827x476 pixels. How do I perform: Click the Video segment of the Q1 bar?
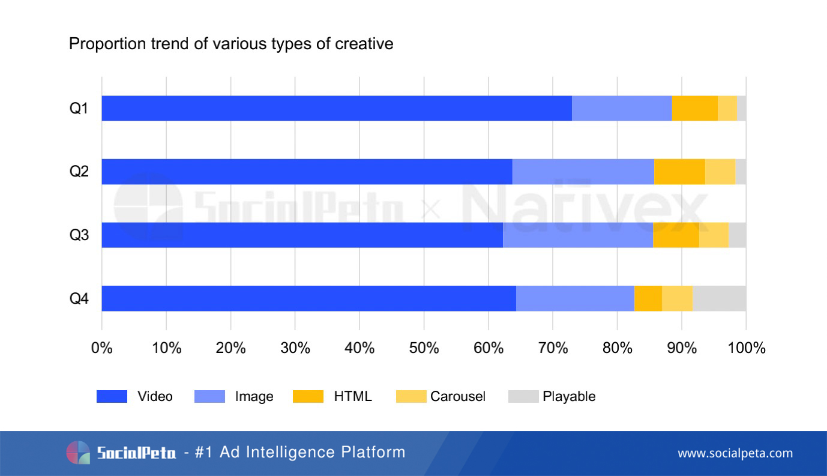click(x=336, y=108)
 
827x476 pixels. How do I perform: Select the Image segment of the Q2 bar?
click(x=583, y=172)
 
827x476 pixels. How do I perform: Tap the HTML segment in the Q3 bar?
click(x=676, y=235)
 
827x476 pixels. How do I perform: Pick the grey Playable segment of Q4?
click(x=719, y=298)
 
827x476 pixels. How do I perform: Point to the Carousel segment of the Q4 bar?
click(x=677, y=298)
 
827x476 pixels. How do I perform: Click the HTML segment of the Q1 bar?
click(x=694, y=108)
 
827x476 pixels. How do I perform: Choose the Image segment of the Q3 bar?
click(x=577, y=235)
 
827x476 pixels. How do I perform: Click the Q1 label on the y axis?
click(x=79, y=109)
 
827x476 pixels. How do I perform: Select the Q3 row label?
click(x=79, y=235)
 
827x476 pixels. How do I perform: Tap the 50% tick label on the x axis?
click(x=424, y=348)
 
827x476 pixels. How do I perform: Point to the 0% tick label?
click(x=102, y=348)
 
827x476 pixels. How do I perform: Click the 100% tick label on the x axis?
click(x=746, y=348)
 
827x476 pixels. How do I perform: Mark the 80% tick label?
click(x=617, y=348)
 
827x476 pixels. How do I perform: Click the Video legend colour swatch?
click(x=112, y=396)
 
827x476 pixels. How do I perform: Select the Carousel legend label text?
click(x=457, y=396)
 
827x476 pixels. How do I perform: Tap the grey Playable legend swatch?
click(x=523, y=396)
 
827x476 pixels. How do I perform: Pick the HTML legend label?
click(x=353, y=396)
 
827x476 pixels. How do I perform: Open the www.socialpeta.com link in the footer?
click(x=735, y=453)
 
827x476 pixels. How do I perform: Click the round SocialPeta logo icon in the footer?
click(x=78, y=453)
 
